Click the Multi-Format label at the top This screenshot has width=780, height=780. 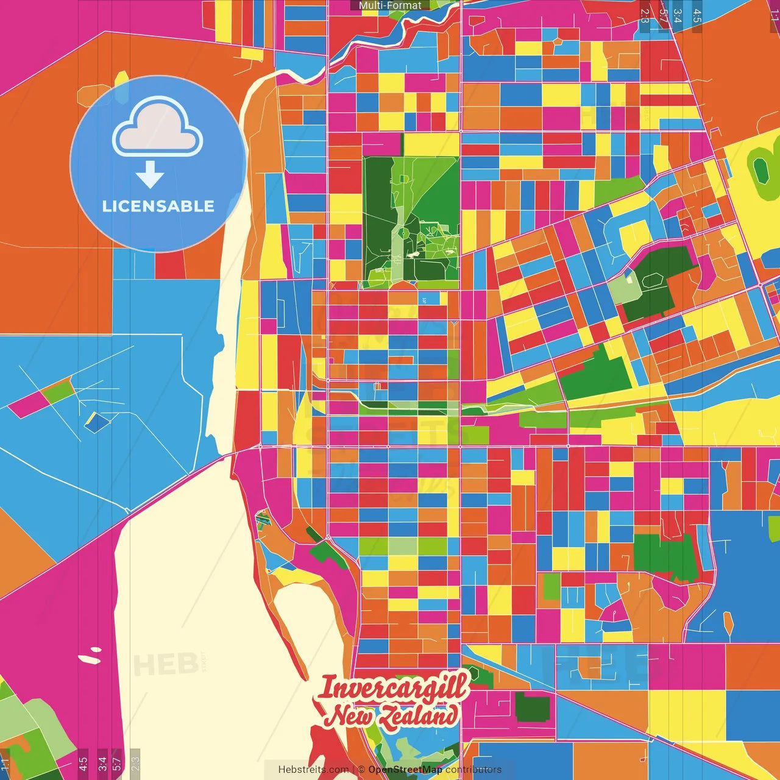click(390, 5)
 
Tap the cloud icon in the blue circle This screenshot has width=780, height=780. click(157, 128)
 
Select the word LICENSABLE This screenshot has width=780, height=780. click(158, 206)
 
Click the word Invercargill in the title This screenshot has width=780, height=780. click(393, 687)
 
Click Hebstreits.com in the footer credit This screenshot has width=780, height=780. click(313, 770)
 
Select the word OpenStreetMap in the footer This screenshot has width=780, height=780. click(405, 770)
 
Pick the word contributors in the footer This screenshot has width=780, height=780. click(473, 770)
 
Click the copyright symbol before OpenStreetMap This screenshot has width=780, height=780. click(361, 770)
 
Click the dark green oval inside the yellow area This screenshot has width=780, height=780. click(761, 170)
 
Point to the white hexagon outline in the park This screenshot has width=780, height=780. click(651, 280)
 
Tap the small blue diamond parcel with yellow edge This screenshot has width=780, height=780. click(96, 422)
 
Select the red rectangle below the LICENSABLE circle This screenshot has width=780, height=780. click(169, 264)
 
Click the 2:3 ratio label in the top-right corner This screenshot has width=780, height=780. click(645, 16)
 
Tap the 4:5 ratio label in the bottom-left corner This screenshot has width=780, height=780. click(82, 763)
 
